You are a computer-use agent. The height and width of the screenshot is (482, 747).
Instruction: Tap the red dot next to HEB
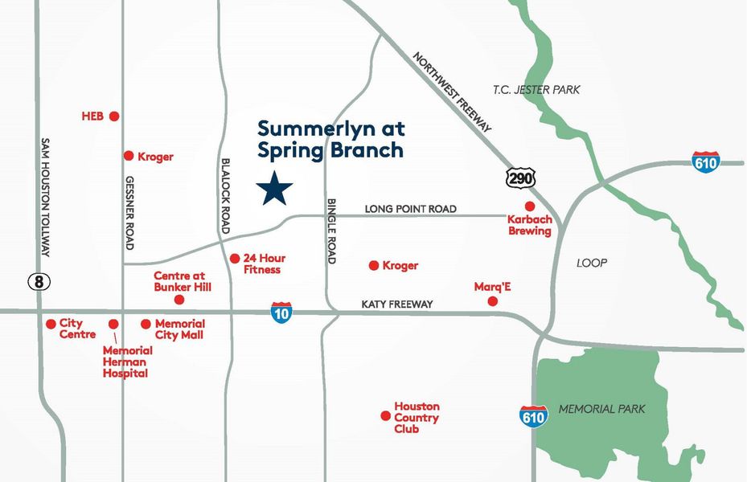[x=114, y=116]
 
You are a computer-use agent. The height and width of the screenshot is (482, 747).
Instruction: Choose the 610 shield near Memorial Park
[x=533, y=415]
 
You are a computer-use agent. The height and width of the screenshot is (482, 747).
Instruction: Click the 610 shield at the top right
[x=705, y=161]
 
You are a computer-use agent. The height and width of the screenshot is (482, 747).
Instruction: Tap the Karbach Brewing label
[x=529, y=225]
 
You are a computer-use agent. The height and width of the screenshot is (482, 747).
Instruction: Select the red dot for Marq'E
[x=493, y=301]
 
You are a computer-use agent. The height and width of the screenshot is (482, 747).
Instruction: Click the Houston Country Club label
[x=417, y=418]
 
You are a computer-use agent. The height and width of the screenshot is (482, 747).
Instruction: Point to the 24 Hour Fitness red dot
[x=235, y=259]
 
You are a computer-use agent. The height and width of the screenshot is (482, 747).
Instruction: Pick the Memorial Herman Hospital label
[x=127, y=361]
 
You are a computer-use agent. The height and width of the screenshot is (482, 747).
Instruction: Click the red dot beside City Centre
[x=51, y=324]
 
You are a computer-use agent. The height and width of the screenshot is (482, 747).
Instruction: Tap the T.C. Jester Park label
[x=536, y=90]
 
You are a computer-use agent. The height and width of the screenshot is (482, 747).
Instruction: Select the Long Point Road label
[x=410, y=209]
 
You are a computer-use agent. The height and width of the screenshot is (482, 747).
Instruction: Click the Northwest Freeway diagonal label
[x=451, y=92]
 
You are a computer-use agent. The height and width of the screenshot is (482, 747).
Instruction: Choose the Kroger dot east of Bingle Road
[x=373, y=265]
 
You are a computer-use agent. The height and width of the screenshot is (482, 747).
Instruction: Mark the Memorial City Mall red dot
[x=146, y=324]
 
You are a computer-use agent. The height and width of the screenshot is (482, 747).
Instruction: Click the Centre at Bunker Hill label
[x=183, y=281]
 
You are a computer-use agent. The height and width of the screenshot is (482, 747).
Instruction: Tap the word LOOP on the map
[x=592, y=263]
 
